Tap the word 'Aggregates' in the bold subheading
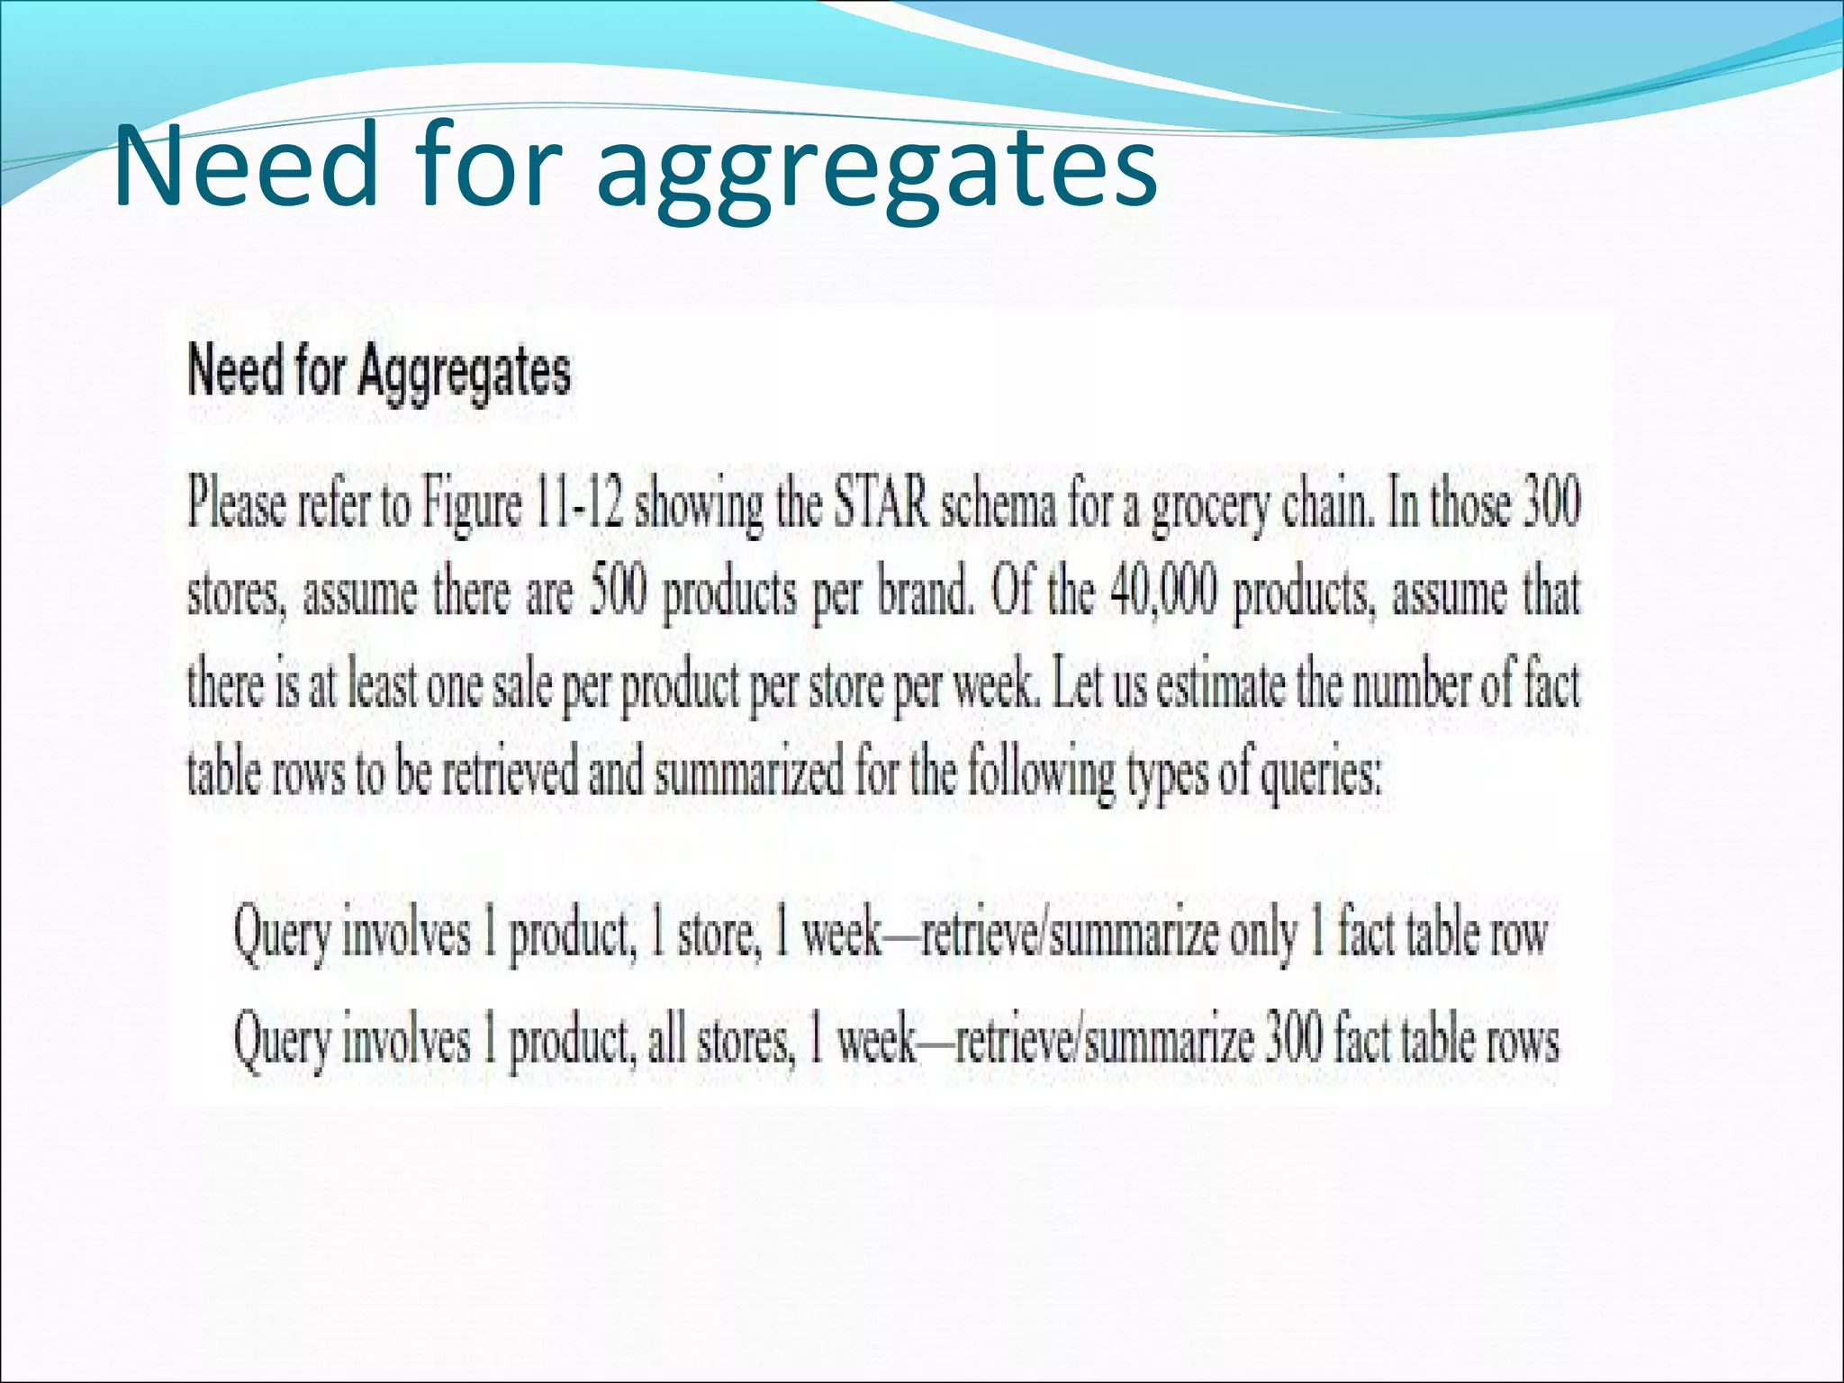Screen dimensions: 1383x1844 tap(464, 371)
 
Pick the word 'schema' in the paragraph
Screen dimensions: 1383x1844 tap(999, 505)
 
